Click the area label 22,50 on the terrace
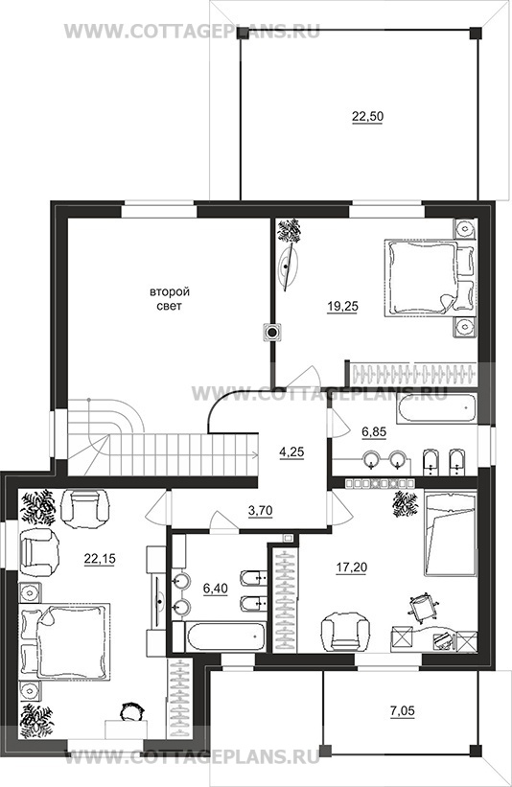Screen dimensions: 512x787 coord(367,116)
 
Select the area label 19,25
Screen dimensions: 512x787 coord(343,306)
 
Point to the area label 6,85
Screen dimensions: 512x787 coord(374,431)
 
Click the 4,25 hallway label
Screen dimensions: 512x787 coord(291,451)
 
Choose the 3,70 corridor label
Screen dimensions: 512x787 coord(260,511)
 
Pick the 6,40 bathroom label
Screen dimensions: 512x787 coord(216,588)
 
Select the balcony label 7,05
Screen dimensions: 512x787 coord(403,710)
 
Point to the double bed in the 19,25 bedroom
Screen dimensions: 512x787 coord(430,278)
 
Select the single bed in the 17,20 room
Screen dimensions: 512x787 coord(450,534)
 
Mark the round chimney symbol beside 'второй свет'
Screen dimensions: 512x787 coord(272,333)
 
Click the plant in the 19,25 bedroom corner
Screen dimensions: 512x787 coord(290,230)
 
